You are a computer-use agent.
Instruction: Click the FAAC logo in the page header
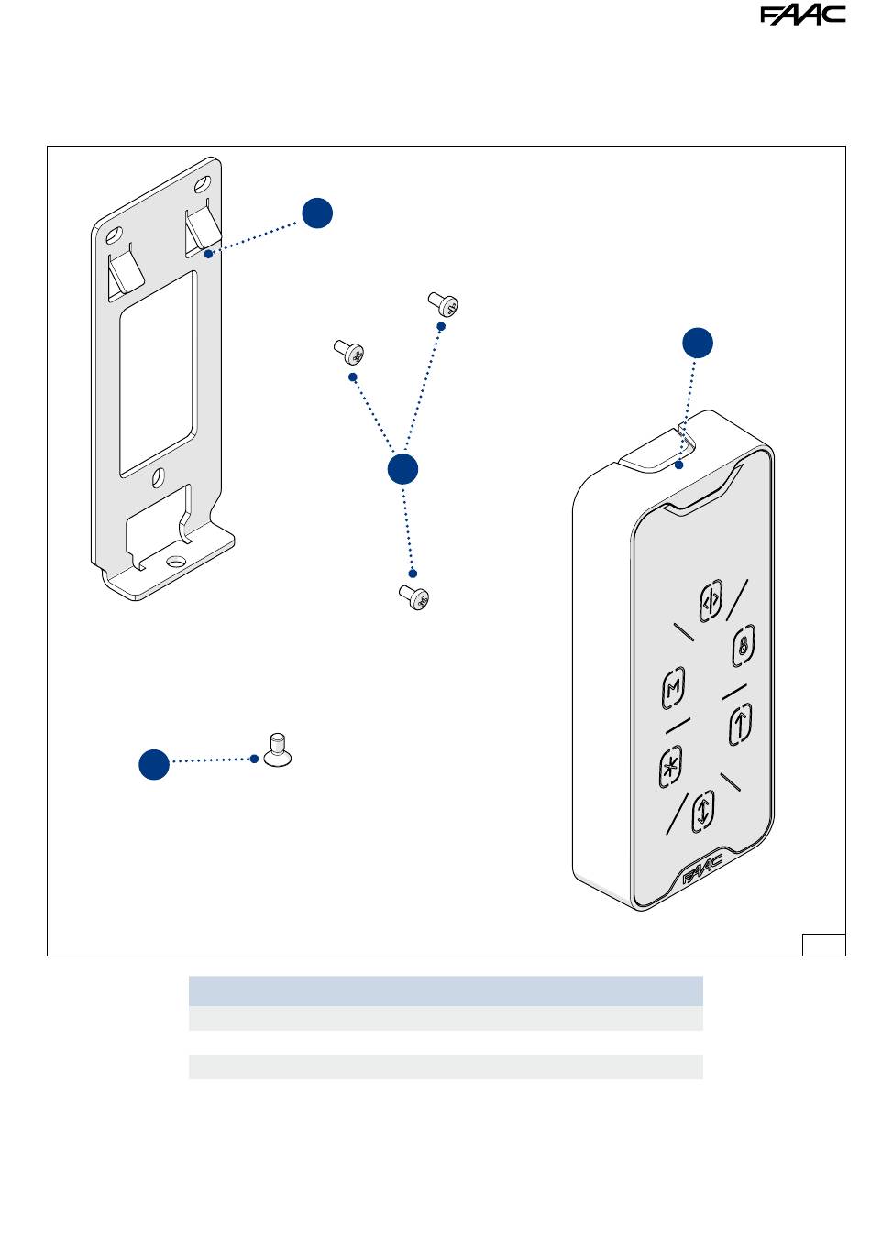[x=802, y=15]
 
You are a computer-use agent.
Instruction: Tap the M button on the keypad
[x=674, y=688]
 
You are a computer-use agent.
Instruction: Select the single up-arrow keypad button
[x=740, y=724]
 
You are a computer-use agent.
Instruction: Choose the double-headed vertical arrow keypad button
[x=703, y=812]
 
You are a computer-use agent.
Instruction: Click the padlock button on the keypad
[x=743, y=646]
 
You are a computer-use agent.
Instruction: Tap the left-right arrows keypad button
[x=711, y=601]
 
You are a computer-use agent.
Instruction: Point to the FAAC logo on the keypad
[x=702, y=869]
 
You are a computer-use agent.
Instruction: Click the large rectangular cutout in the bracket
[x=158, y=374]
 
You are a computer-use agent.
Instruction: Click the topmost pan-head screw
[x=443, y=304]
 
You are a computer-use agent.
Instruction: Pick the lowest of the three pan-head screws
[x=414, y=597]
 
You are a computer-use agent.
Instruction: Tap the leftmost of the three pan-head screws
[x=349, y=352]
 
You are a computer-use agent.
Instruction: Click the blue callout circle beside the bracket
[x=317, y=213]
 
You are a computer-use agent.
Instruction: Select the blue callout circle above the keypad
[x=698, y=343]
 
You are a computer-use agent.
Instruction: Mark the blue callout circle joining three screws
[x=402, y=469]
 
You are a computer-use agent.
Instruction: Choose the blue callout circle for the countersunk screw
[x=154, y=764]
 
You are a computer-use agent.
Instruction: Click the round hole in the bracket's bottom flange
[x=176, y=561]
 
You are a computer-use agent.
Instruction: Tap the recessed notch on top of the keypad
[x=656, y=453]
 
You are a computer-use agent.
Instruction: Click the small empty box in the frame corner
[x=823, y=945]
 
